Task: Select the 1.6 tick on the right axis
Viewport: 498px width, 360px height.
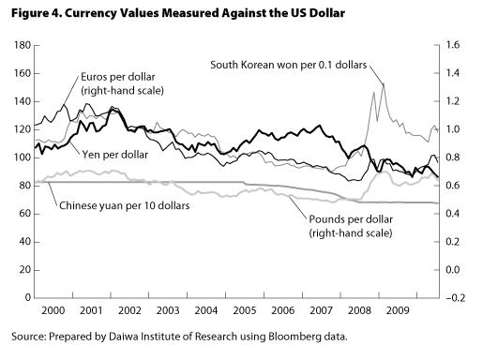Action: [453, 45]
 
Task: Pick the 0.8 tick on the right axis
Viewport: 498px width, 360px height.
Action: [453, 157]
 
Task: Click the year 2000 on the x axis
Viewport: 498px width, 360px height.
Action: [53, 310]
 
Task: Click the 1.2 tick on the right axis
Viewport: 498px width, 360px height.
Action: [453, 101]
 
